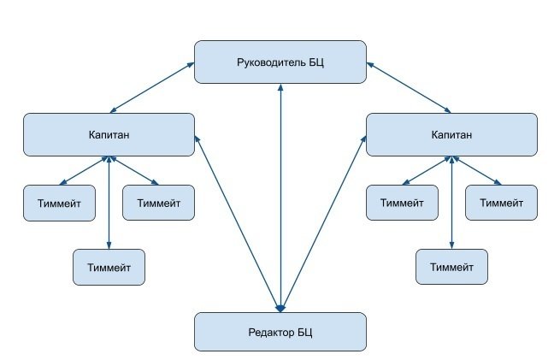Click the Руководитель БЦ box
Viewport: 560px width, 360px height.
click(280, 62)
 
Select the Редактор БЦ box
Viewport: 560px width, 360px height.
click(280, 332)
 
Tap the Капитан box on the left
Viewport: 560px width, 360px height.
click(109, 135)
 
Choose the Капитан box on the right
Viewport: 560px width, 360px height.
click(451, 135)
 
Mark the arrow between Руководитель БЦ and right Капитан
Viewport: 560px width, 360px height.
click(409, 86)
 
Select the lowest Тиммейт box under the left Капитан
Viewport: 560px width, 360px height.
click(109, 267)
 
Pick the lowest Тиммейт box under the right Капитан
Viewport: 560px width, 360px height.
click(451, 267)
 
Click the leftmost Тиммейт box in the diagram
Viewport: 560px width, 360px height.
click(59, 203)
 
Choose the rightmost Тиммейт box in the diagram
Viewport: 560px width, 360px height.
click(501, 203)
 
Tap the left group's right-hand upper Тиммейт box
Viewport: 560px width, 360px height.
click(158, 203)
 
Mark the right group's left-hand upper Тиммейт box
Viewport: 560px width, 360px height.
click(402, 203)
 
